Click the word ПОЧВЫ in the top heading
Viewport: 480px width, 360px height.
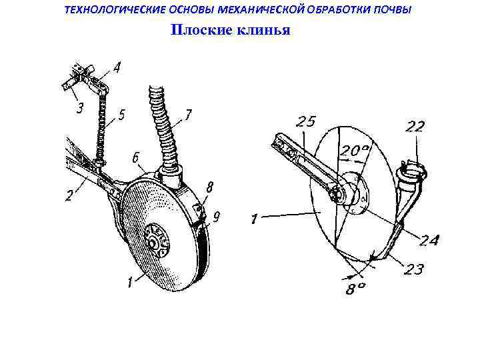(x=389, y=10)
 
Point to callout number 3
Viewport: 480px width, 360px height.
(x=80, y=107)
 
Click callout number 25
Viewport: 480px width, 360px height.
(x=307, y=122)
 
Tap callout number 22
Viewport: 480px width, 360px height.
(x=414, y=127)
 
